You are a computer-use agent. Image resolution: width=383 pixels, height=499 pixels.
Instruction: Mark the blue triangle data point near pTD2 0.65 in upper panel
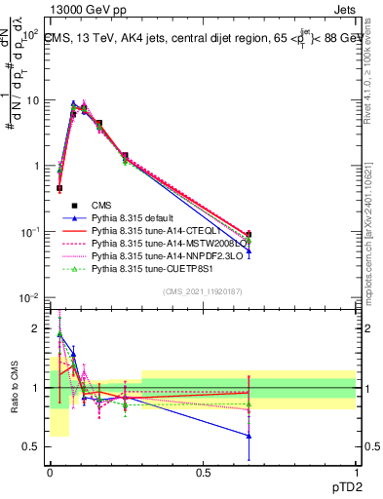tap(249, 250)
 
